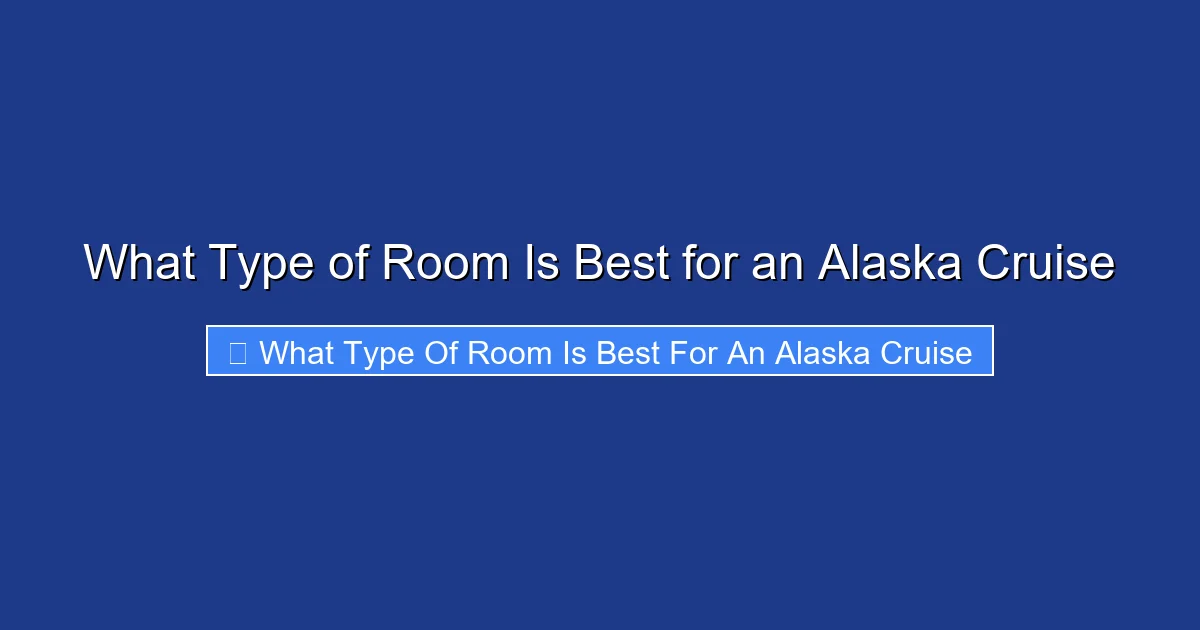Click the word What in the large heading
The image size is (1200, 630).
coord(139,263)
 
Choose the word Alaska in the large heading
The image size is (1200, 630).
coord(888,263)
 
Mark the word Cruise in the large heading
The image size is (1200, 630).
coord(1045,263)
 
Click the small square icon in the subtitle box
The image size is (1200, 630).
coord(238,352)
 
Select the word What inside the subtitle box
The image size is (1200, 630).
coord(298,352)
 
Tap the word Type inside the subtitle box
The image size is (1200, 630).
coord(382,353)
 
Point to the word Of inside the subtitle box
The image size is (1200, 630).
coord(445,352)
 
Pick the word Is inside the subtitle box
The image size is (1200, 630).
coord(574,352)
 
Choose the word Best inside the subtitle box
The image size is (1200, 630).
coord(627,352)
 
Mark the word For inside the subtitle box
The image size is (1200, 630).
coord(691,352)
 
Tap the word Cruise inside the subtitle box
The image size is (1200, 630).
coord(925,352)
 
